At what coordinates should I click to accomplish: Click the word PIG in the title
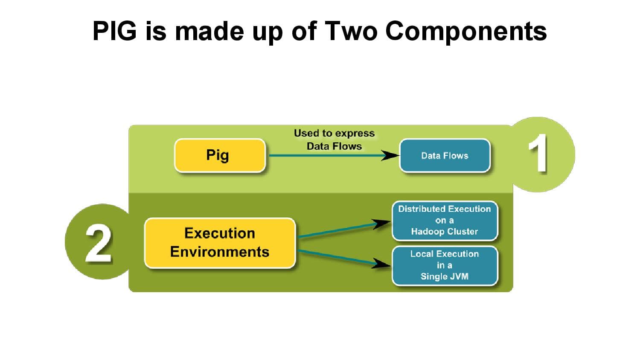[x=114, y=31]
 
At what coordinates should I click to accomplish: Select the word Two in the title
[x=351, y=31]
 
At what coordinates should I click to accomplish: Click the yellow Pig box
[x=220, y=156]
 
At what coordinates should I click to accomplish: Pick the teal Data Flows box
[x=445, y=156]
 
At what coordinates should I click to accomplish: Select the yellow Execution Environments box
[x=220, y=243]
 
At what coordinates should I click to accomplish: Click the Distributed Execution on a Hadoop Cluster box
[x=445, y=221]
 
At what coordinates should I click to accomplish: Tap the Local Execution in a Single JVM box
[x=445, y=265]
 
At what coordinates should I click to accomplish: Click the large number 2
[x=99, y=243]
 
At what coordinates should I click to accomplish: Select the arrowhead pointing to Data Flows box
[x=390, y=155]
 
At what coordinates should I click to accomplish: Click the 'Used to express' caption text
[x=334, y=134]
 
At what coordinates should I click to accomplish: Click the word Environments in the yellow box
[x=220, y=252]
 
